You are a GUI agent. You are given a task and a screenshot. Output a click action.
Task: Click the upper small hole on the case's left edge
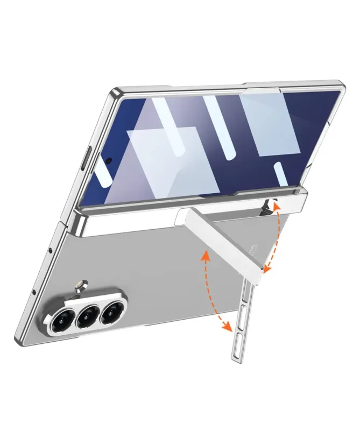(50, 252)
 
